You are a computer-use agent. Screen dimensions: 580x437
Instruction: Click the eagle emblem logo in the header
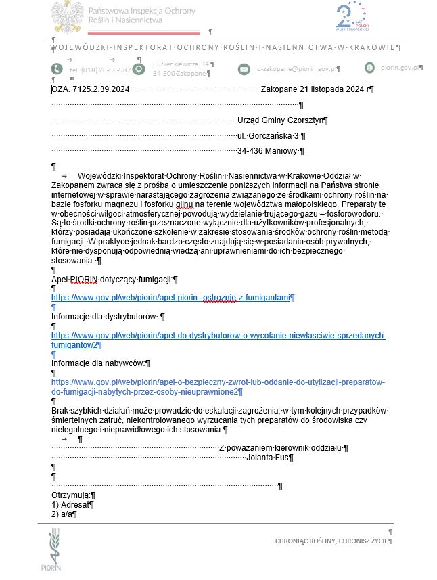click(x=68, y=16)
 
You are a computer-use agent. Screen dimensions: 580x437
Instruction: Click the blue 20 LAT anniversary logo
click(x=351, y=17)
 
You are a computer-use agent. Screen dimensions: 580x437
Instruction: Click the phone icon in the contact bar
click(x=57, y=69)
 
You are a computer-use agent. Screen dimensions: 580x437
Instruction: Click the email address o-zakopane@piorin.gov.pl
click(x=298, y=69)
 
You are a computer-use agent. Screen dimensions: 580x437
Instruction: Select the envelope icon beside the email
click(x=244, y=69)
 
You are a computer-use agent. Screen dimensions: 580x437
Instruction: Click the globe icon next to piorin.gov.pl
click(x=369, y=67)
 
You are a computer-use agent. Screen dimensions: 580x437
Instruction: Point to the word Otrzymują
click(x=70, y=495)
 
